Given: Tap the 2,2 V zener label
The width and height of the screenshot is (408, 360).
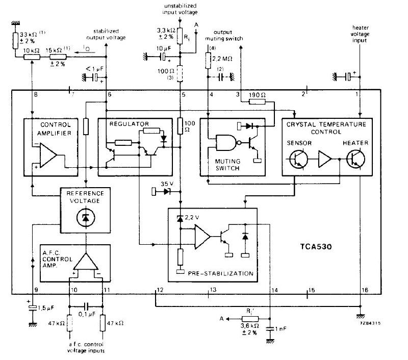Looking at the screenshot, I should click(x=193, y=217).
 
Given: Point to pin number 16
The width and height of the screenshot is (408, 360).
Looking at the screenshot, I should click(x=364, y=290).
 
